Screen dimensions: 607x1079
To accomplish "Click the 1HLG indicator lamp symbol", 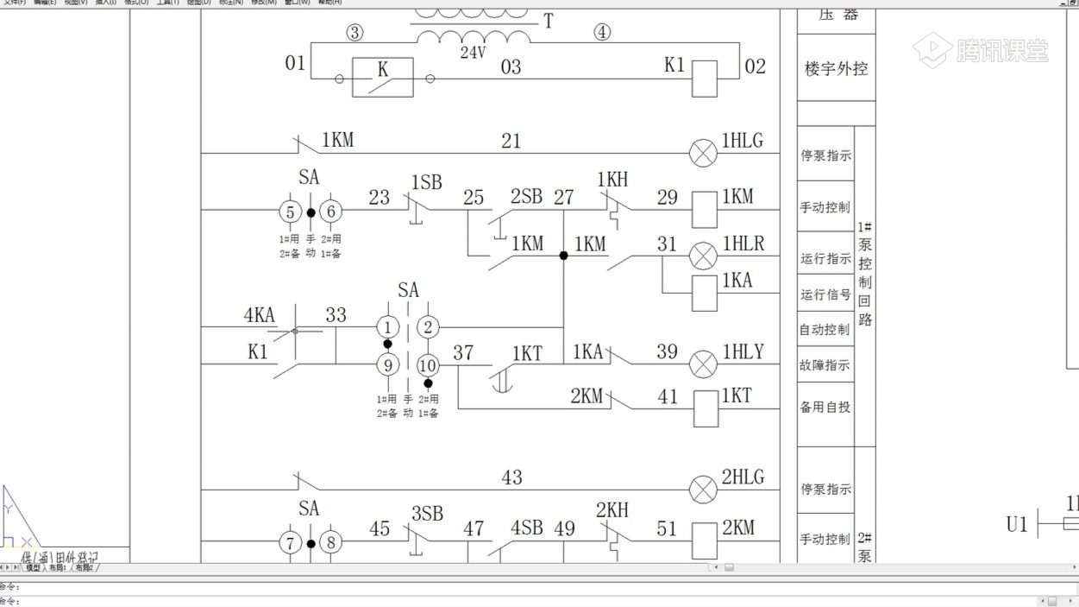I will [x=704, y=154].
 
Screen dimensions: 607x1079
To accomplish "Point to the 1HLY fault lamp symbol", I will [x=704, y=364].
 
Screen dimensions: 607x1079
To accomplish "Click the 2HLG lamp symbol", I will [x=704, y=490].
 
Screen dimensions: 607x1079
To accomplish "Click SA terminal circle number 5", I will [x=290, y=212].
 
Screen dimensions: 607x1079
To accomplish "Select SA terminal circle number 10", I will [x=428, y=365].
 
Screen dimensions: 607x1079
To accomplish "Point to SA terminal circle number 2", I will [x=428, y=327].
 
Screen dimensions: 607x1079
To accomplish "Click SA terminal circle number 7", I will [x=290, y=542].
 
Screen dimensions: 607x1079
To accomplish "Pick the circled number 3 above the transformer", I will [x=354, y=33].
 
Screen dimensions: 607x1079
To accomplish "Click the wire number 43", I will [x=511, y=477].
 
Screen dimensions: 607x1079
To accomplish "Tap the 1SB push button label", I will [x=426, y=183].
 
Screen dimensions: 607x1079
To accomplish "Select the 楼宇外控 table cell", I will [x=836, y=69].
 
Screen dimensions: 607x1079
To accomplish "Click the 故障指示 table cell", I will [x=825, y=365].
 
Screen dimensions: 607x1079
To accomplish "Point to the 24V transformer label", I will [x=473, y=52].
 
